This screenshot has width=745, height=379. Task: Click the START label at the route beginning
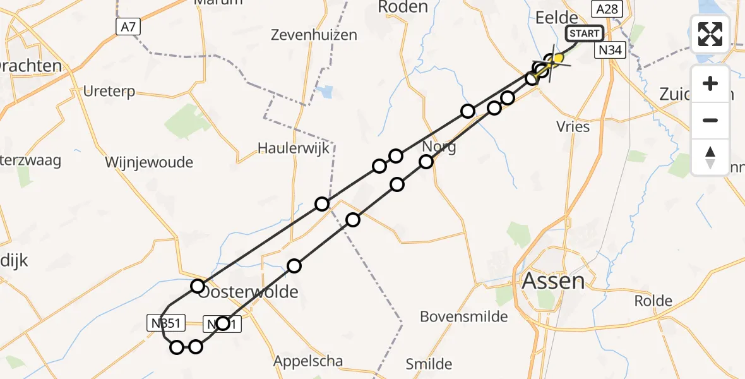click(x=585, y=33)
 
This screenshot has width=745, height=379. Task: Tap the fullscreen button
click(x=710, y=33)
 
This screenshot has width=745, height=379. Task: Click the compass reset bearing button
click(x=710, y=157)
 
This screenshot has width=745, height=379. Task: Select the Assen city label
click(x=554, y=280)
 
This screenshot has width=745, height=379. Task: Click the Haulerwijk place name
click(x=294, y=148)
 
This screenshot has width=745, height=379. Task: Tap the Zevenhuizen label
click(x=314, y=35)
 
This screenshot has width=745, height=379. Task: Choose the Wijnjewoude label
click(x=149, y=162)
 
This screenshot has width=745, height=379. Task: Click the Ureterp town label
click(x=109, y=92)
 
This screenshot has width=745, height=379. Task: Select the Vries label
click(x=574, y=126)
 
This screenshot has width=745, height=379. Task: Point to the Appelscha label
click(x=308, y=361)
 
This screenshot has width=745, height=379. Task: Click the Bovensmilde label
click(x=464, y=316)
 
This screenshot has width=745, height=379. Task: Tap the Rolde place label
click(x=653, y=301)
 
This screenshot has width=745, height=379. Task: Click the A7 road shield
click(x=128, y=27)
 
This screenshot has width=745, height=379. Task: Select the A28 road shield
click(x=607, y=8)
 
